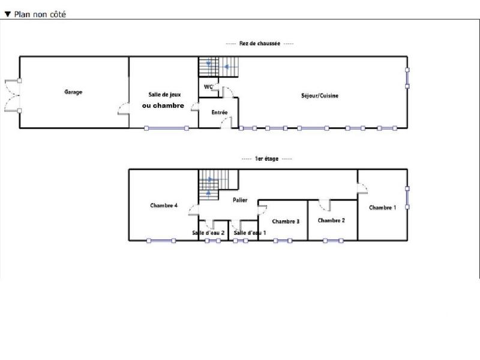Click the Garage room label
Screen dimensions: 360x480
(73, 92)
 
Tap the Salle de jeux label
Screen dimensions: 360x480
(164, 95)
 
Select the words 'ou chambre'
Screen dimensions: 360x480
(163, 106)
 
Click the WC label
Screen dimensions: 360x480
(209, 87)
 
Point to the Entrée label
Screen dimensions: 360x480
(220, 113)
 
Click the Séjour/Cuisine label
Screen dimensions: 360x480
(320, 95)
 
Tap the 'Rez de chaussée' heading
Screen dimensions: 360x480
(260, 44)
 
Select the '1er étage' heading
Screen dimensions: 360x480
(266, 159)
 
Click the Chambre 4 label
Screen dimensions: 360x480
(163, 206)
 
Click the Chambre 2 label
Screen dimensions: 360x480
(331, 220)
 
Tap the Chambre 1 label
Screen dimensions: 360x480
(382, 208)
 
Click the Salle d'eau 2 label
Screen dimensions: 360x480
(208, 233)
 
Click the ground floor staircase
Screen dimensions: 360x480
(218, 66)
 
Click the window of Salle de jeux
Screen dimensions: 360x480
(166, 128)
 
